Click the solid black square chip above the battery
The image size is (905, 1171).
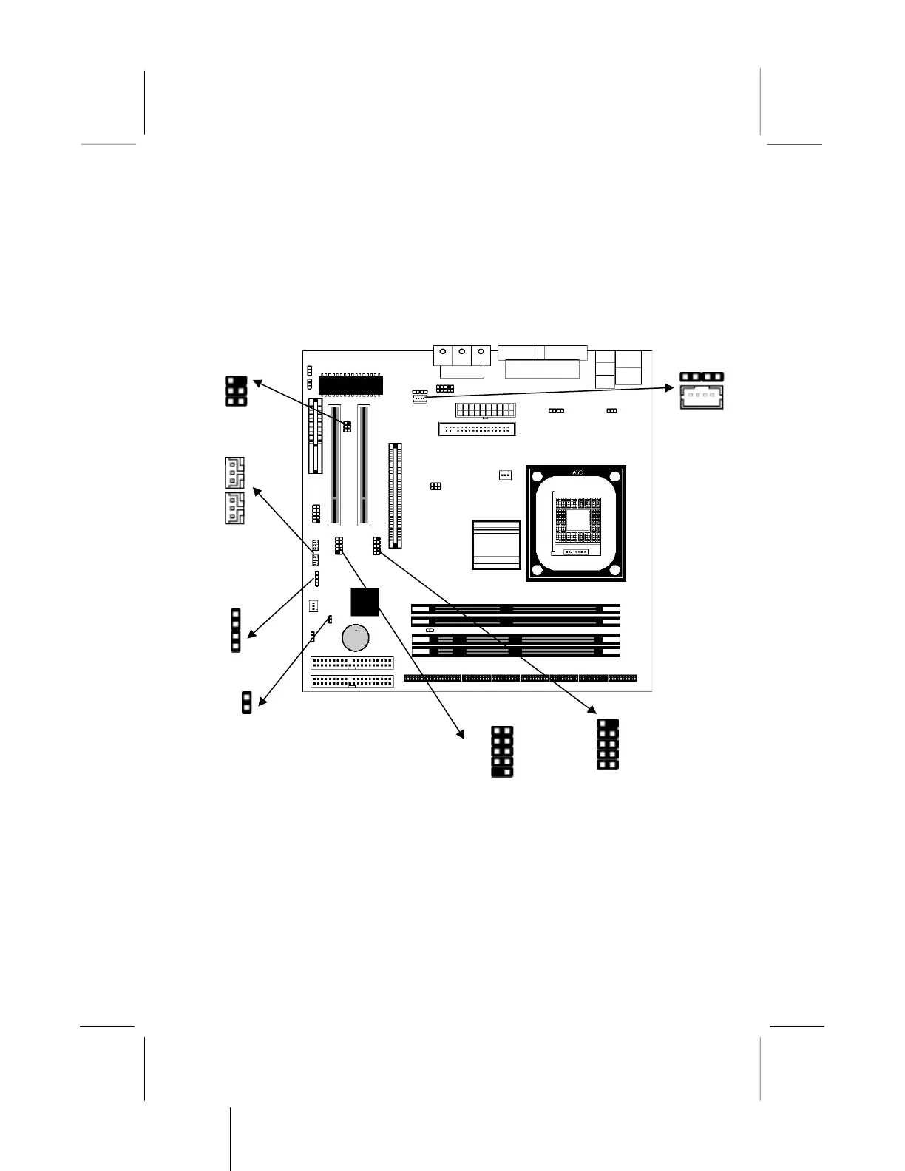(x=365, y=602)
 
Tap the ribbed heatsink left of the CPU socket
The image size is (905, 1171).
(x=496, y=545)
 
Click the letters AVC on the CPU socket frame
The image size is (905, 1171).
(x=577, y=472)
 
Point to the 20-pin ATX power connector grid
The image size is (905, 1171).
(x=485, y=410)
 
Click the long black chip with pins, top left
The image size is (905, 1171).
(x=351, y=384)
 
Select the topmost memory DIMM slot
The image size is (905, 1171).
(x=515, y=609)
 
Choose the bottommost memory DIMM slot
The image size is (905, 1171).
(x=515, y=652)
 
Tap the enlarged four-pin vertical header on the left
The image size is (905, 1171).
(x=236, y=631)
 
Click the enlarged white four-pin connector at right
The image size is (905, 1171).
(x=701, y=393)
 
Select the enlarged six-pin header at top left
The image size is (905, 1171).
(x=235, y=390)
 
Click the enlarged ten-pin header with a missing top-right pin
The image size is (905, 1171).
(x=607, y=744)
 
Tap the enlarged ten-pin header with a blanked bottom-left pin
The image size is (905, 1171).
(x=501, y=753)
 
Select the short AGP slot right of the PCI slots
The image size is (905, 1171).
(x=396, y=495)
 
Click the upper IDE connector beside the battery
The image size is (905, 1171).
(x=352, y=662)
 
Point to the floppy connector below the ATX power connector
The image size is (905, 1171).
(x=477, y=430)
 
